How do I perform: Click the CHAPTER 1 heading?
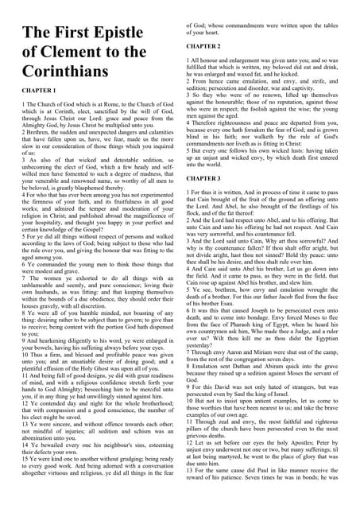point(43,114)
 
